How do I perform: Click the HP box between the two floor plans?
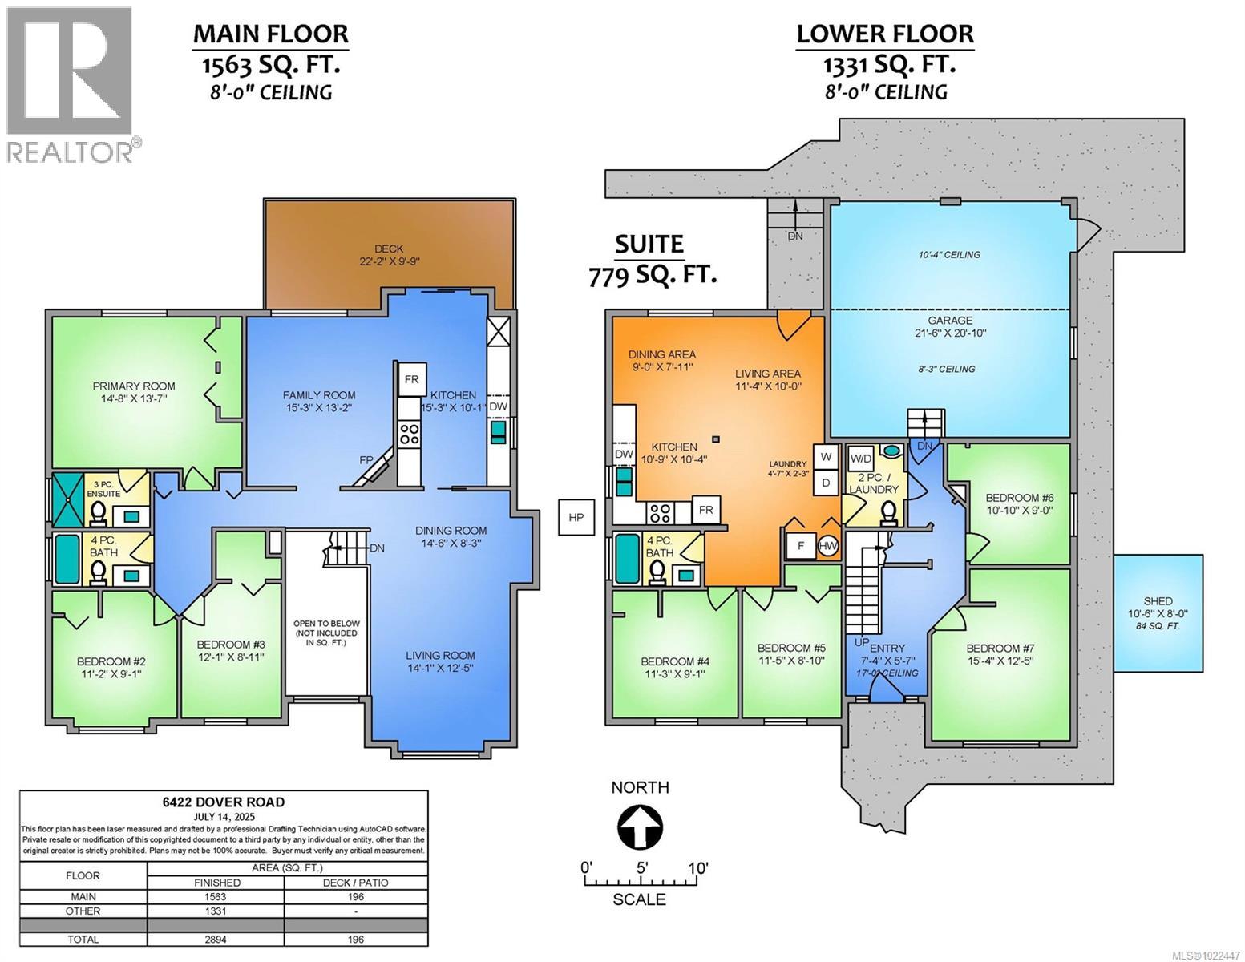pyautogui.click(x=576, y=517)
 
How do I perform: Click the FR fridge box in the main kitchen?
pyautogui.click(x=411, y=379)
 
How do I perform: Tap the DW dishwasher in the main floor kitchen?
pyautogui.click(x=498, y=407)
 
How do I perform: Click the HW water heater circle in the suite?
pyautogui.click(x=828, y=547)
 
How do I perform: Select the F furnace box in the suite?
pyautogui.click(x=799, y=547)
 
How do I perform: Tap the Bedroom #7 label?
pyautogui.click(x=998, y=648)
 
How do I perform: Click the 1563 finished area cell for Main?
pyautogui.click(x=216, y=897)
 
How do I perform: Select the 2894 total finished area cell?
pyautogui.click(x=216, y=939)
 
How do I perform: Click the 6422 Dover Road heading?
pyautogui.click(x=223, y=802)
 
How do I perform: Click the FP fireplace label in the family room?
pyautogui.click(x=366, y=460)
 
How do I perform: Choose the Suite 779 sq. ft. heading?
pyautogui.click(x=649, y=258)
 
